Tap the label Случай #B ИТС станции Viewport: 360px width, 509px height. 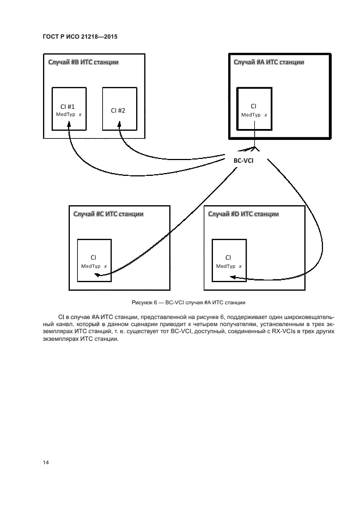pos(82,63)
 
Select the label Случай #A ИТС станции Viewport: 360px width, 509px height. pos(269,63)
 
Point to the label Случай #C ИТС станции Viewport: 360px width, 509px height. pos(108,214)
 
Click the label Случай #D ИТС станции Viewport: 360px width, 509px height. pos(243,214)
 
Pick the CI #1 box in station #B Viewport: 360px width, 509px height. pos(69,109)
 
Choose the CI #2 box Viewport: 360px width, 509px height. pos(118,109)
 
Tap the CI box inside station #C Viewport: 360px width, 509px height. pos(94,260)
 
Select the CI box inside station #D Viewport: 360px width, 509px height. pos(228,260)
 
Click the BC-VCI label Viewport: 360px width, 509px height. pos(244,161)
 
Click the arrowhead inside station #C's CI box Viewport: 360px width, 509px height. pos(96,275)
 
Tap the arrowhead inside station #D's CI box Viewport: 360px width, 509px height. pos(233,277)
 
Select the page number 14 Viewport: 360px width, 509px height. pos(46,462)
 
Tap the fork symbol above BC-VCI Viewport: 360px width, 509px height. pos(254,148)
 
